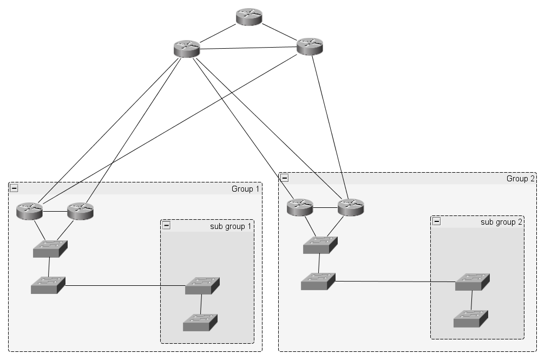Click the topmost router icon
tap(249, 17)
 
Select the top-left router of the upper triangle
tap(187, 49)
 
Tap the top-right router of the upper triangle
tap(310, 47)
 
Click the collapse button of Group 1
tap(14, 188)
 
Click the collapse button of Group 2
tap(284, 178)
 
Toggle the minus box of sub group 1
tap(166, 225)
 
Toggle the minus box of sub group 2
tap(437, 221)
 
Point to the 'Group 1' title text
tap(245, 189)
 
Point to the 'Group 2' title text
tap(520, 179)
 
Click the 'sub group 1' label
tap(231, 226)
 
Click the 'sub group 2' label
tap(501, 222)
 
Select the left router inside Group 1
tap(30, 211)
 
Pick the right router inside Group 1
tap(80, 211)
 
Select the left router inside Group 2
tap(300, 207)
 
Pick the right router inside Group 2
tap(351, 207)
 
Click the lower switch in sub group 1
tap(200, 323)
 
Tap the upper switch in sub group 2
tap(472, 282)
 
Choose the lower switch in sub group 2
tap(471, 319)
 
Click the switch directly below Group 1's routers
tap(50, 249)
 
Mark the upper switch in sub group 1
tap(202, 286)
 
